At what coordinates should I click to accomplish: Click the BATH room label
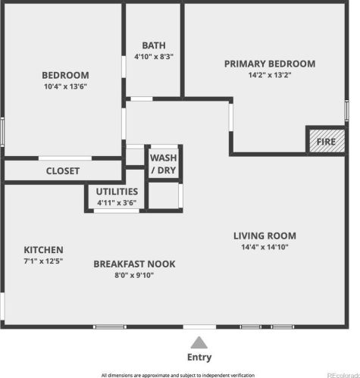click(154, 45)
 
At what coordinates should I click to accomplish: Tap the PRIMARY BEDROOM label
click(270, 64)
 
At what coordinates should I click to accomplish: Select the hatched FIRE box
click(327, 141)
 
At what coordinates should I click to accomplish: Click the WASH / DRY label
click(164, 164)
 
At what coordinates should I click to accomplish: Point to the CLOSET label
click(63, 171)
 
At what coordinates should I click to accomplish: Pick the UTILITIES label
click(117, 192)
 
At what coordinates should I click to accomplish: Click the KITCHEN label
click(43, 250)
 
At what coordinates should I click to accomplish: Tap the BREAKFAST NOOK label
click(134, 264)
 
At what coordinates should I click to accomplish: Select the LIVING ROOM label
click(265, 236)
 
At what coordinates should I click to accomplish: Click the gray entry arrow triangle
click(199, 343)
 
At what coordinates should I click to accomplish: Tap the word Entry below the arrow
click(199, 358)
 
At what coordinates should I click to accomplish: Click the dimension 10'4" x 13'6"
click(65, 86)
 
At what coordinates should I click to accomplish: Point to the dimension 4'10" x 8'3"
click(154, 56)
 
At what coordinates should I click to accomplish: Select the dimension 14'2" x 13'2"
click(270, 75)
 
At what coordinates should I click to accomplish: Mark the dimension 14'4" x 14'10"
click(265, 247)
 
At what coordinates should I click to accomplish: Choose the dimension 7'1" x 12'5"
click(43, 261)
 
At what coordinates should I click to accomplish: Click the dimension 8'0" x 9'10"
click(134, 275)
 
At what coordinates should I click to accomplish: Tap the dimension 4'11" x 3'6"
click(117, 202)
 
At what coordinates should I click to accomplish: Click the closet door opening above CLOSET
click(65, 158)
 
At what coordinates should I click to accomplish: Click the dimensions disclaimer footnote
click(178, 375)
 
